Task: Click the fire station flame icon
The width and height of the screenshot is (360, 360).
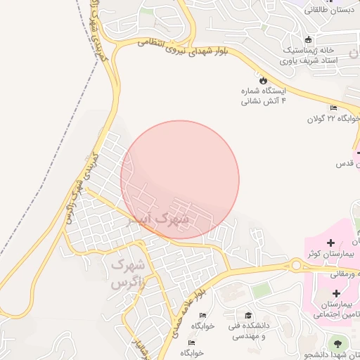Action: tap(264, 80)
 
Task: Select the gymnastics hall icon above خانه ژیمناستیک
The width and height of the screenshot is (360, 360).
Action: tap(309, 39)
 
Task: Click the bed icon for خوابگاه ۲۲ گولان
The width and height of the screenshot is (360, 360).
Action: tap(333, 107)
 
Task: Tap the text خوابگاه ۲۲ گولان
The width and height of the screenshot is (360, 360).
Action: tap(332, 118)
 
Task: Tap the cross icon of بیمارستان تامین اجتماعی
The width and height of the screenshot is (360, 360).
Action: tap(335, 292)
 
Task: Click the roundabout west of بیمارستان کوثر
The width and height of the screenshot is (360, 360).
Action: tap(297, 265)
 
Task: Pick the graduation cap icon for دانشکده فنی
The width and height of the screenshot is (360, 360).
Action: tap(247, 316)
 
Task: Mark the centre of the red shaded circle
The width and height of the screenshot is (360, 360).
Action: tap(180, 180)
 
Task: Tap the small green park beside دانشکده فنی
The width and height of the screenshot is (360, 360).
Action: tap(261, 290)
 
